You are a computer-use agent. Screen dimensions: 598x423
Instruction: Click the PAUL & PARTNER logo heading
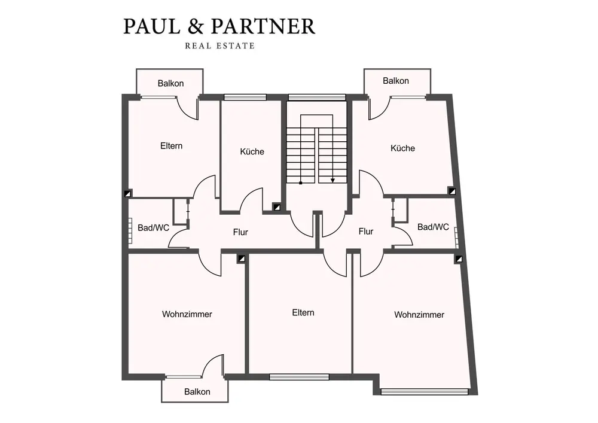pos(219,26)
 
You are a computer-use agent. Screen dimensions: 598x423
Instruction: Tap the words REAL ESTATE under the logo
pos(219,46)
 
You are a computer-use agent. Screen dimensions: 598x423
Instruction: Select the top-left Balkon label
pos(170,83)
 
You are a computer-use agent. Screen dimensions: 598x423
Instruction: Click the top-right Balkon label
pos(396,80)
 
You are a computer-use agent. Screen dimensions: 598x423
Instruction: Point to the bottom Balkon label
pos(197,392)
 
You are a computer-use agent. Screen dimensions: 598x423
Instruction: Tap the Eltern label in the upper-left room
pos(172,145)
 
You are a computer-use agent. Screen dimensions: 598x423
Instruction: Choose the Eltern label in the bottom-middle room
pos(303,312)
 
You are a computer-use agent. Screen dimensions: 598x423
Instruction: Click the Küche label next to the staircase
pos(252,151)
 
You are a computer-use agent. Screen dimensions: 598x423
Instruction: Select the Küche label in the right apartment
pos(402,148)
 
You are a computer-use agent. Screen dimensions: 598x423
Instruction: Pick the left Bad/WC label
pos(154,227)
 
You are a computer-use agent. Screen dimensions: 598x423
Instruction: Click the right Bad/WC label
pos(433,227)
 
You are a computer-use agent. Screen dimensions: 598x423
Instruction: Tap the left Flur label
pos(240,232)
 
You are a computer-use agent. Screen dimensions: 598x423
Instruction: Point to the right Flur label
pos(366,231)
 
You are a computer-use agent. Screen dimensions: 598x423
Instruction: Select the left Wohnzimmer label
pos(187,314)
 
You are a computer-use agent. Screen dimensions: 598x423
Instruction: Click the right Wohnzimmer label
pos(419,314)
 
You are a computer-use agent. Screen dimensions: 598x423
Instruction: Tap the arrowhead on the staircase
pos(333,179)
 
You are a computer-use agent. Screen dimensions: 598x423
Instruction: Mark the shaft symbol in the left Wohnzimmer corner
pos(241,259)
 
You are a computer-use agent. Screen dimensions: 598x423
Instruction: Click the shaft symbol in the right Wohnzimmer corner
pos(459,259)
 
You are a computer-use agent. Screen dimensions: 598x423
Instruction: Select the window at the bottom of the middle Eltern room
pos(299,377)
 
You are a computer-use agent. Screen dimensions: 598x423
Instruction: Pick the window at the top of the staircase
pos(317,97)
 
